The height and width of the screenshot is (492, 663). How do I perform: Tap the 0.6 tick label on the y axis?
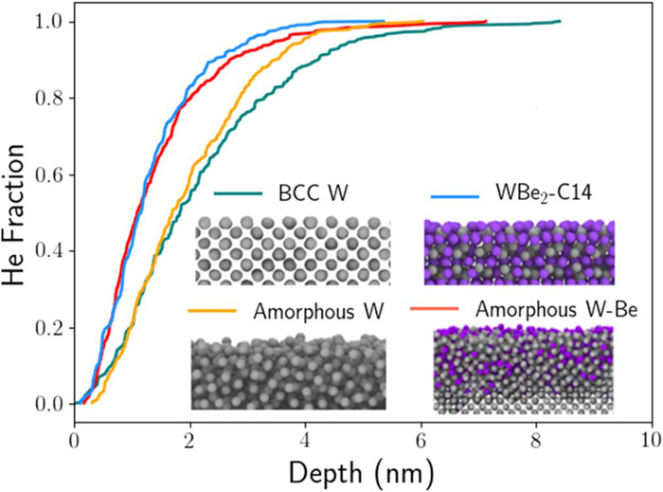45,174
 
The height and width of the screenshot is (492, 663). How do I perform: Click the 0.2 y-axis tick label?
45,328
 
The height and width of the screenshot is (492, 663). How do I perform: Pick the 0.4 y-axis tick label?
45,251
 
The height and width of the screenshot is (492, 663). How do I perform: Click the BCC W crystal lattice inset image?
290,249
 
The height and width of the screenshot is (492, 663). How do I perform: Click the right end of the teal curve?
561,21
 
